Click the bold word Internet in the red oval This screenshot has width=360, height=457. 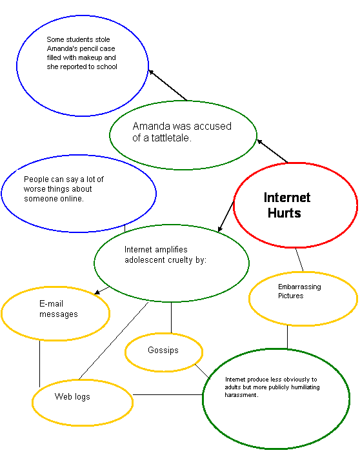(287, 198)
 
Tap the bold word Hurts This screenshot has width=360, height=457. (285, 213)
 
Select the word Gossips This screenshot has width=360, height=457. (163, 350)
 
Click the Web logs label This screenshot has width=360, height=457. (72, 397)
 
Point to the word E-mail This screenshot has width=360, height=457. (51, 303)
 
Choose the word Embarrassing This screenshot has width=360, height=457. (299, 287)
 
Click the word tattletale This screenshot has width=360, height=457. (170, 138)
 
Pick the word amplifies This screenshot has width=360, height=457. (171, 250)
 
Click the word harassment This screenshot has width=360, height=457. (241, 395)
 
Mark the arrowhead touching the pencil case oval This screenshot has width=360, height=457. (151, 72)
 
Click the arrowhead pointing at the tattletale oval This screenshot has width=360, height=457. (259, 141)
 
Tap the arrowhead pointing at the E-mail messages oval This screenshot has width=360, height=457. (97, 292)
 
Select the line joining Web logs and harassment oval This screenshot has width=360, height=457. (168, 394)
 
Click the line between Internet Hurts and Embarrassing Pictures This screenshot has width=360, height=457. (299, 259)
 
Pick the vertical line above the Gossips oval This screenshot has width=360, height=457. (171, 318)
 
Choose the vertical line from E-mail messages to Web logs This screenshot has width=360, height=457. (39, 363)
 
